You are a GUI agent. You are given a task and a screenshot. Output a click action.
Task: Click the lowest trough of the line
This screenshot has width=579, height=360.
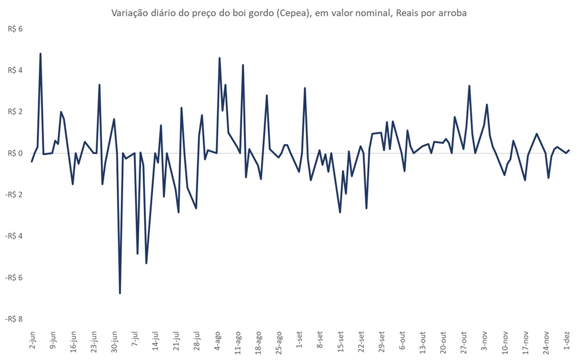pyautogui.click(x=120, y=293)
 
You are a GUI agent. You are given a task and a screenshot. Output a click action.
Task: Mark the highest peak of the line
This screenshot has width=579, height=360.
pyautogui.click(x=40, y=54)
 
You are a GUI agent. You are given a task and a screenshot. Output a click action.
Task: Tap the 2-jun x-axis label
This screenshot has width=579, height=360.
pyautogui.click(x=32, y=339)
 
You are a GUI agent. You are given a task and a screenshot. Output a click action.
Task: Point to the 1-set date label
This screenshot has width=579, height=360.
pyautogui.click(x=300, y=339)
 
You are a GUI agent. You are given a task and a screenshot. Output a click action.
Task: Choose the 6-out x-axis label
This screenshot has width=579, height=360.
pyautogui.click(x=403, y=339)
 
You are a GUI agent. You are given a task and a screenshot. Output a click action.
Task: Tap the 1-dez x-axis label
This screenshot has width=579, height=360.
pyautogui.click(x=567, y=339)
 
